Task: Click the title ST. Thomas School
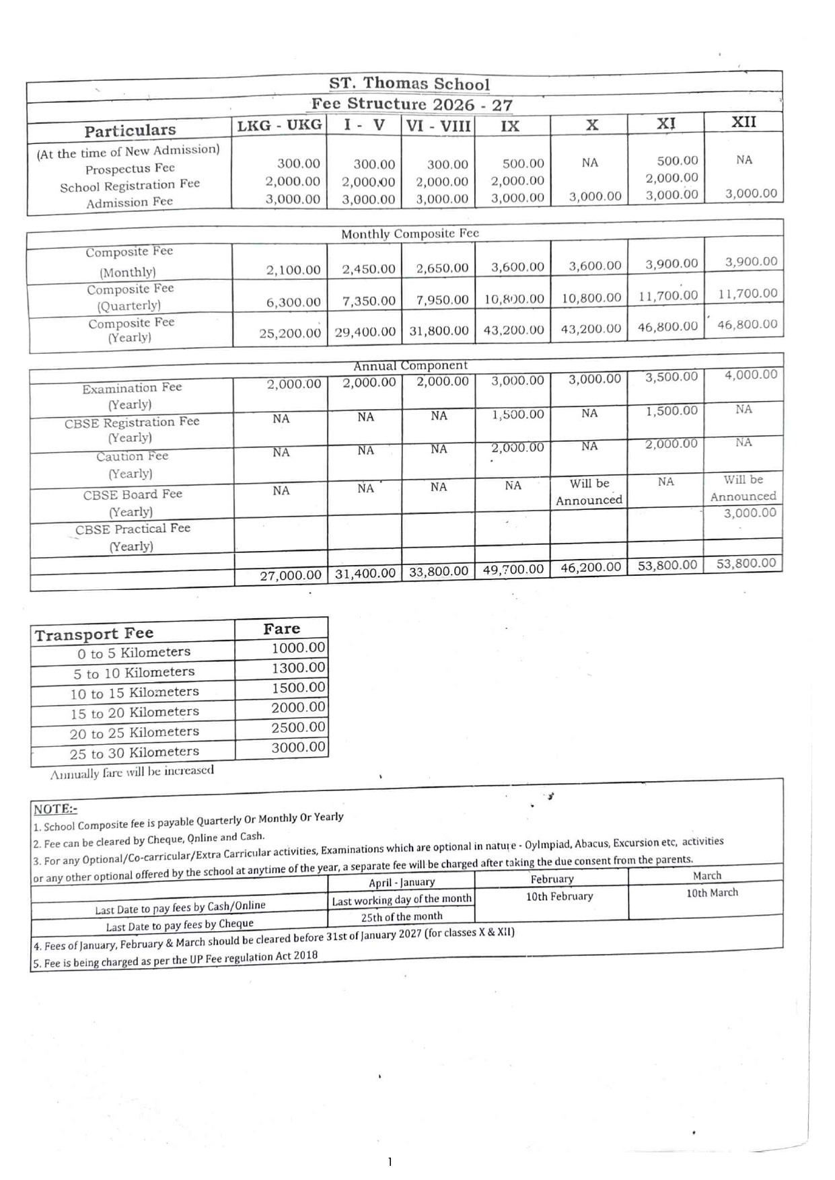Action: [x=409, y=84]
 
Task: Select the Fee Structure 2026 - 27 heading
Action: [x=411, y=105]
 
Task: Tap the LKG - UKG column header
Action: [x=279, y=126]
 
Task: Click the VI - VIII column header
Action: [x=439, y=126]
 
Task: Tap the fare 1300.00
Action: [x=299, y=668]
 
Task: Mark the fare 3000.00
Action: [x=299, y=747]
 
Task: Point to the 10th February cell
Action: [x=560, y=897]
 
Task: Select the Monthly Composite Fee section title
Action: [x=410, y=234]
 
